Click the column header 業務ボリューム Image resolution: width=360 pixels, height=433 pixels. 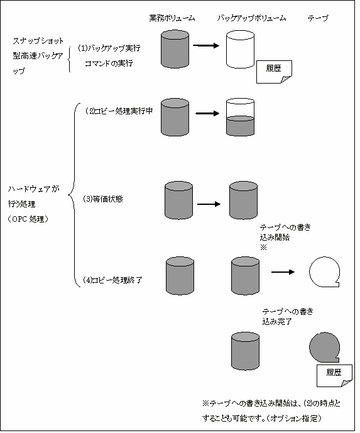[x=172, y=18]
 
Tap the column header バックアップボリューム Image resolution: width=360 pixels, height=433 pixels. [x=251, y=18]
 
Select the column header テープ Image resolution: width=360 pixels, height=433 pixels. [x=318, y=18]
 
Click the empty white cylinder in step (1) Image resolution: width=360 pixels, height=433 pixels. [x=240, y=49]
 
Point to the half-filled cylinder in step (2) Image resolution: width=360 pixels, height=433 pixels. [x=240, y=117]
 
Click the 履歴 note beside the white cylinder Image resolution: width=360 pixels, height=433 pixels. [x=274, y=72]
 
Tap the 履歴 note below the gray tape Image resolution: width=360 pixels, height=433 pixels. [x=334, y=376]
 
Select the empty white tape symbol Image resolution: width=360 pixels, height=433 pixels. [x=324, y=272]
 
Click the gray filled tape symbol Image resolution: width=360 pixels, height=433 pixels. [x=324, y=347]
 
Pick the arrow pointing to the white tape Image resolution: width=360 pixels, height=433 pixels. [x=283, y=272]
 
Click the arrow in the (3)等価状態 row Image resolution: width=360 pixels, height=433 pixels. [x=209, y=204]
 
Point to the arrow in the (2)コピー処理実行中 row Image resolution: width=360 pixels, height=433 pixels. [x=207, y=113]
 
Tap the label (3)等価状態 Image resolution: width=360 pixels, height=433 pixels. [x=103, y=199]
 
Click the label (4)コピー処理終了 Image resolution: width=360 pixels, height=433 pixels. [x=112, y=280]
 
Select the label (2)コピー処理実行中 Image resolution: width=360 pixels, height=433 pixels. [x=119, y=111]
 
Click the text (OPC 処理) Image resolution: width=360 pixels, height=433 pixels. [x=28, y=219]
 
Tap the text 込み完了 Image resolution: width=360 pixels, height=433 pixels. [x=277, y=322]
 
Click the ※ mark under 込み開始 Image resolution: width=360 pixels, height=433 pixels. [x=263, y=248]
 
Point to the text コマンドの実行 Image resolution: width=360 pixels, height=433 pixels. [x=109, y=63]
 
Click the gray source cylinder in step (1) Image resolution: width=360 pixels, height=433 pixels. [x=175, y=49]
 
